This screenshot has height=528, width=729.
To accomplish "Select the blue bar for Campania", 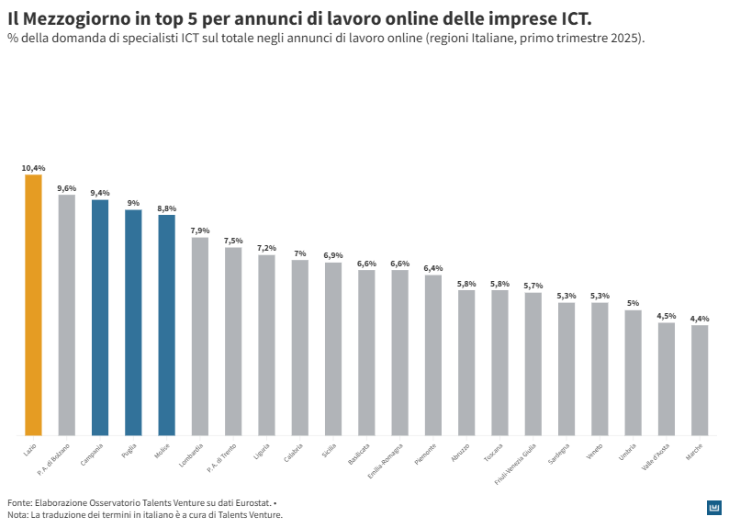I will (100, 317).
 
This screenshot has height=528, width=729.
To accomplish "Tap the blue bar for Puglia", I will (133, 322).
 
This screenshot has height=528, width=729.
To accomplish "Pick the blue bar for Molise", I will (166, 325).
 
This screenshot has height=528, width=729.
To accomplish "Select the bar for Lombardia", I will (200, 336).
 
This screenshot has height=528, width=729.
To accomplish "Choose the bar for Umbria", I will (633, 373).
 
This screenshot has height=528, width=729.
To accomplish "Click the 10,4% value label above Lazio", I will (33, 168).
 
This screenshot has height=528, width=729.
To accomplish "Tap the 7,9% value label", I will (200, 230).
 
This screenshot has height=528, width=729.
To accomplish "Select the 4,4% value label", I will (700, 319).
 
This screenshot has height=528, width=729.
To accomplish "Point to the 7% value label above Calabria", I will (300, 253).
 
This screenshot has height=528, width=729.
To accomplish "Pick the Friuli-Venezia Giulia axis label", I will (516, 462).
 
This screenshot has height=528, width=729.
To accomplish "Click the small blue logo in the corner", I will (714, 508).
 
